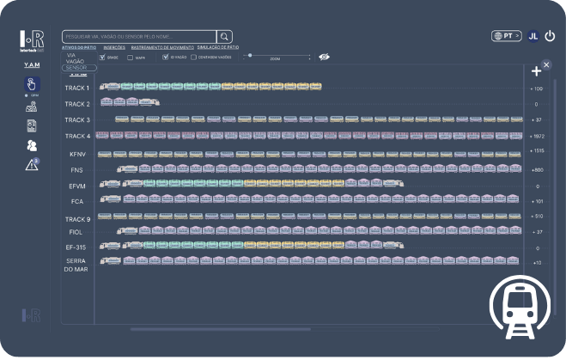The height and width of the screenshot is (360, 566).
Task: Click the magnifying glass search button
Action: [224, 36]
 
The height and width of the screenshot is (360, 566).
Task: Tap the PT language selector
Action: [507, 36]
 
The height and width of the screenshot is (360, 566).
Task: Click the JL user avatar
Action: [533, 36]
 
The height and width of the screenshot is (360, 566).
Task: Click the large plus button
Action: [537, 71]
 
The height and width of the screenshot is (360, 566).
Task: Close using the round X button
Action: [547, 64]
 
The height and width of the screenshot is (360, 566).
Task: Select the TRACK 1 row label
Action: [77, 88]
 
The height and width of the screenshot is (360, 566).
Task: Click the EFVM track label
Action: [77, 186]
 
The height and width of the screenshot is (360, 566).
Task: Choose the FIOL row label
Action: [76, 232]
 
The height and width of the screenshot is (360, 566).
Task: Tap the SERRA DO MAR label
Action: [76, 265]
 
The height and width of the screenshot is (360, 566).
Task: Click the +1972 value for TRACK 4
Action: [537, 136]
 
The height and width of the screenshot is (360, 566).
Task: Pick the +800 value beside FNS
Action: [537, 170]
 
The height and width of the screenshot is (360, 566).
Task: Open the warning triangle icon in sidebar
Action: [32, 165]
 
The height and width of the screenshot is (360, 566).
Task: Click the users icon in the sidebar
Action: [31, 145]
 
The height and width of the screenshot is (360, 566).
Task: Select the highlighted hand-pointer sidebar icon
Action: [31, 84]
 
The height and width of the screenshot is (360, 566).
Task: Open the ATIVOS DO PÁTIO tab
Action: [79, 47]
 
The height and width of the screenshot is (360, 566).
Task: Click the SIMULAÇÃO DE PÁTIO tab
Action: [218, 47]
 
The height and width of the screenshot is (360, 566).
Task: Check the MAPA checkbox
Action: [130, 58]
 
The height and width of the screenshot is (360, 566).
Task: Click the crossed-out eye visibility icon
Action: [325, 58]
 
